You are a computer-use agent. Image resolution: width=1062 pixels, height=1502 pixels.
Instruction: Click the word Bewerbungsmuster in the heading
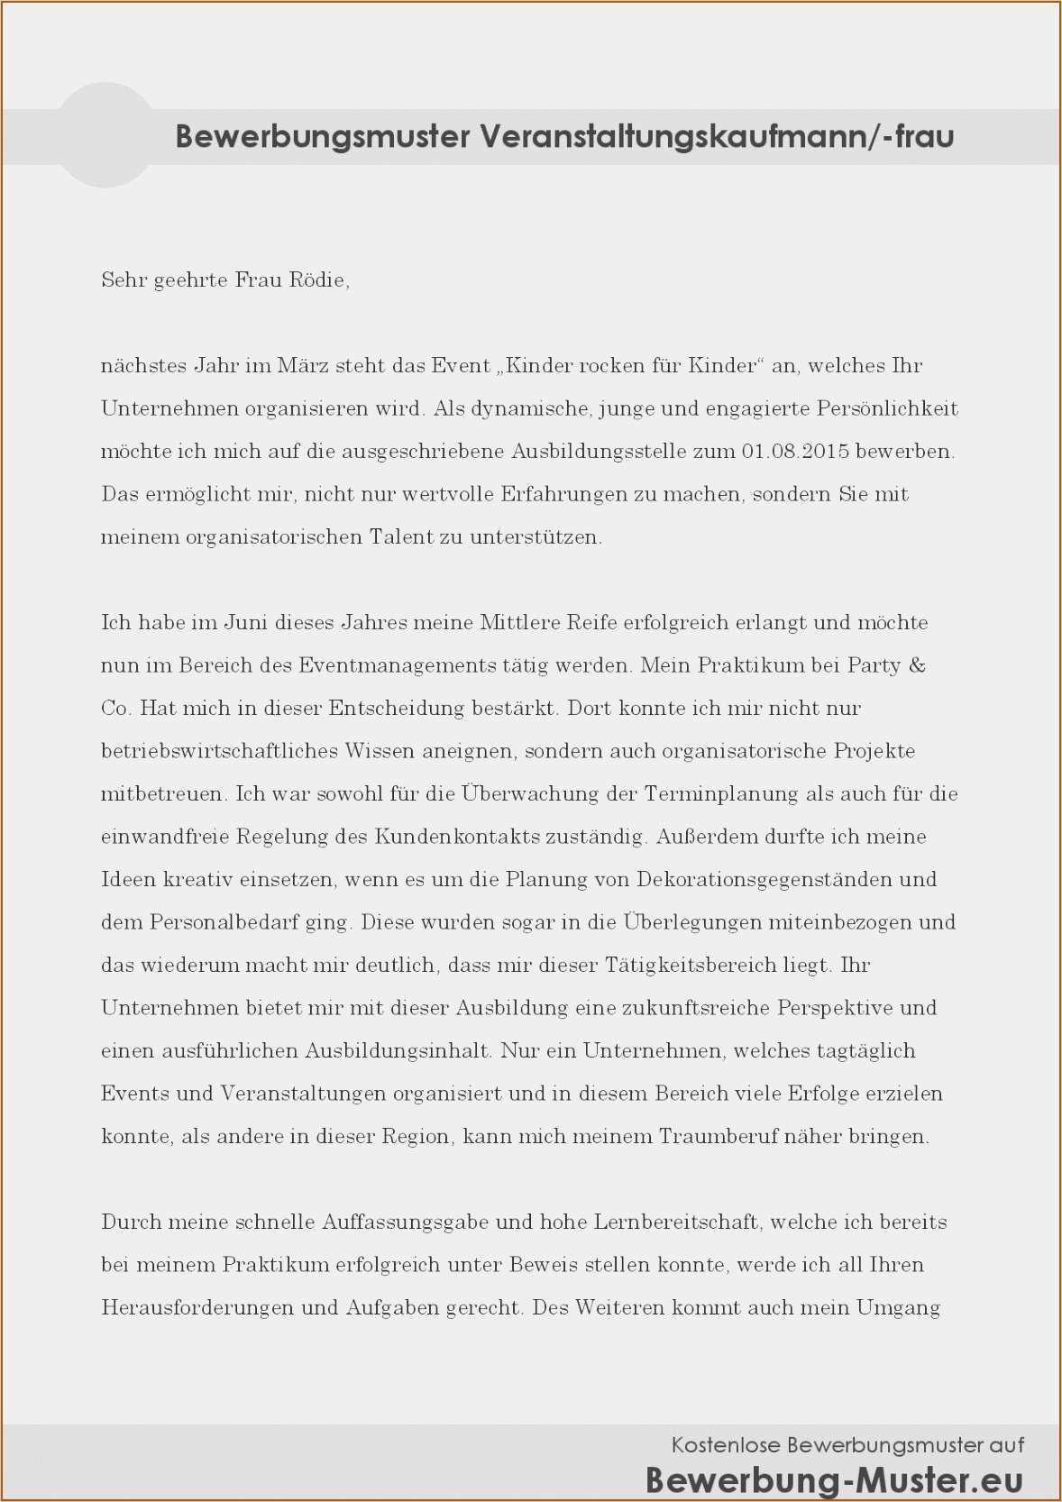coord(323,136)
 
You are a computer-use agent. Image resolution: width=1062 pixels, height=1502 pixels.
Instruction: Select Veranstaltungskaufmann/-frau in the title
coord(717,136)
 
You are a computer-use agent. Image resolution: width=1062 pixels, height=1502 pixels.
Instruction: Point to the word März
coord(303,365)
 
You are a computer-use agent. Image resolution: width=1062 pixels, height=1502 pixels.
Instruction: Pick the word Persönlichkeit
coord(887,408)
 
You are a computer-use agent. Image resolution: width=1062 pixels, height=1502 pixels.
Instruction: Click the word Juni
coord(246,622)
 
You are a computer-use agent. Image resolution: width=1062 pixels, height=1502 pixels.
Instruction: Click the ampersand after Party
coord(917,665)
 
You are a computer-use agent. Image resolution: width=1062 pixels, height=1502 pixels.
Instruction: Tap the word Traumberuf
coord(718,1136)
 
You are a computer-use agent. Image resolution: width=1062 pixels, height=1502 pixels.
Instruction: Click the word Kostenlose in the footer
coord(726,1445)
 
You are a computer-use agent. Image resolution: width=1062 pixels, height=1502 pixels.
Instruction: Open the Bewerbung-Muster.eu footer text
coord(834,1480)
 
